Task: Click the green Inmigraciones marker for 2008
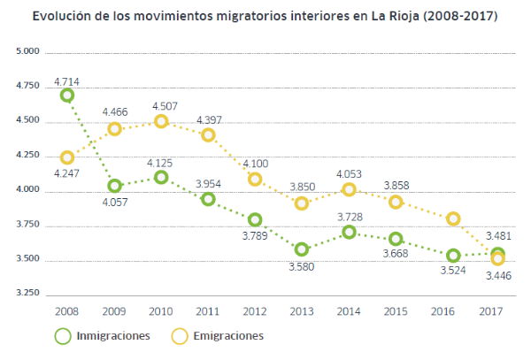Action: [x=67, y=95]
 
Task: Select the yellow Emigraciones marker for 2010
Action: [x=161, y=121]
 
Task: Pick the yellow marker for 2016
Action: [x=453, y=218]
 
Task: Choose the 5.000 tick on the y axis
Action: [x=29, y=52]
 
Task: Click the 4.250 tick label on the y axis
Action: [x=29, y=156]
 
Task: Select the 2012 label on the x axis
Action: [x=255, y=312]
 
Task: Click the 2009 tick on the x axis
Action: [x=112, y=312]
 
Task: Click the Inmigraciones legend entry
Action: [x=112, y=336]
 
